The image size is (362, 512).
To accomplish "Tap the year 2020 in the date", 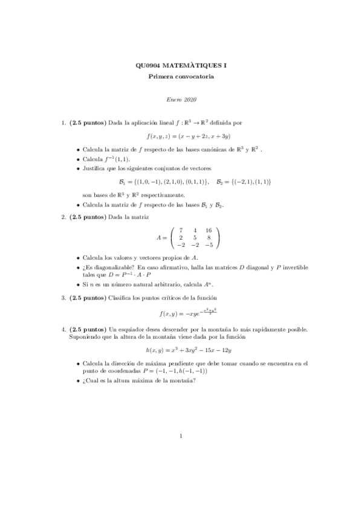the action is point(190,99).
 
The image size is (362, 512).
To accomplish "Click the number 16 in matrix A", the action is point(208,230).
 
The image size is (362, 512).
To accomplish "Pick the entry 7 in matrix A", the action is point(181,230).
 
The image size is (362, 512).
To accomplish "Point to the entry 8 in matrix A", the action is point(208,238).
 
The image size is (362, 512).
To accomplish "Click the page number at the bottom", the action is point(181,469).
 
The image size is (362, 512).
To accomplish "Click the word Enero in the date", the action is point(173,99).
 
